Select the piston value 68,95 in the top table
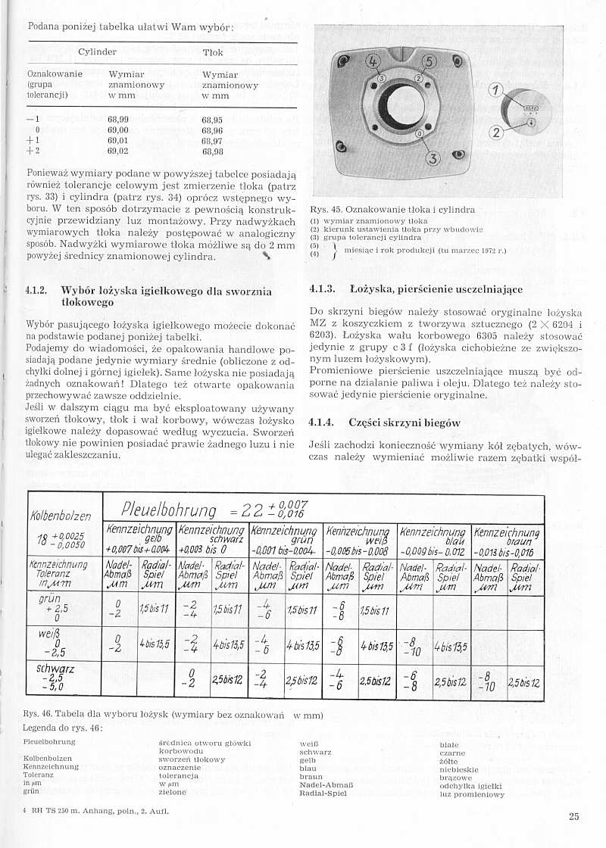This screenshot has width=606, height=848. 212,120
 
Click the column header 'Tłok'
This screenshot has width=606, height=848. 213,52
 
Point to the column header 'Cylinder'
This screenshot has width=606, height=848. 97,52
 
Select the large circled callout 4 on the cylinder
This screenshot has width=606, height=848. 373,61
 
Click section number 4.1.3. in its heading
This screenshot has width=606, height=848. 323,288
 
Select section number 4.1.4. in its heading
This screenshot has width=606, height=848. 323,422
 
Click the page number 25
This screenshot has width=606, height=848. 573,815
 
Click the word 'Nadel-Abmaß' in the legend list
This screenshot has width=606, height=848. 323,786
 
